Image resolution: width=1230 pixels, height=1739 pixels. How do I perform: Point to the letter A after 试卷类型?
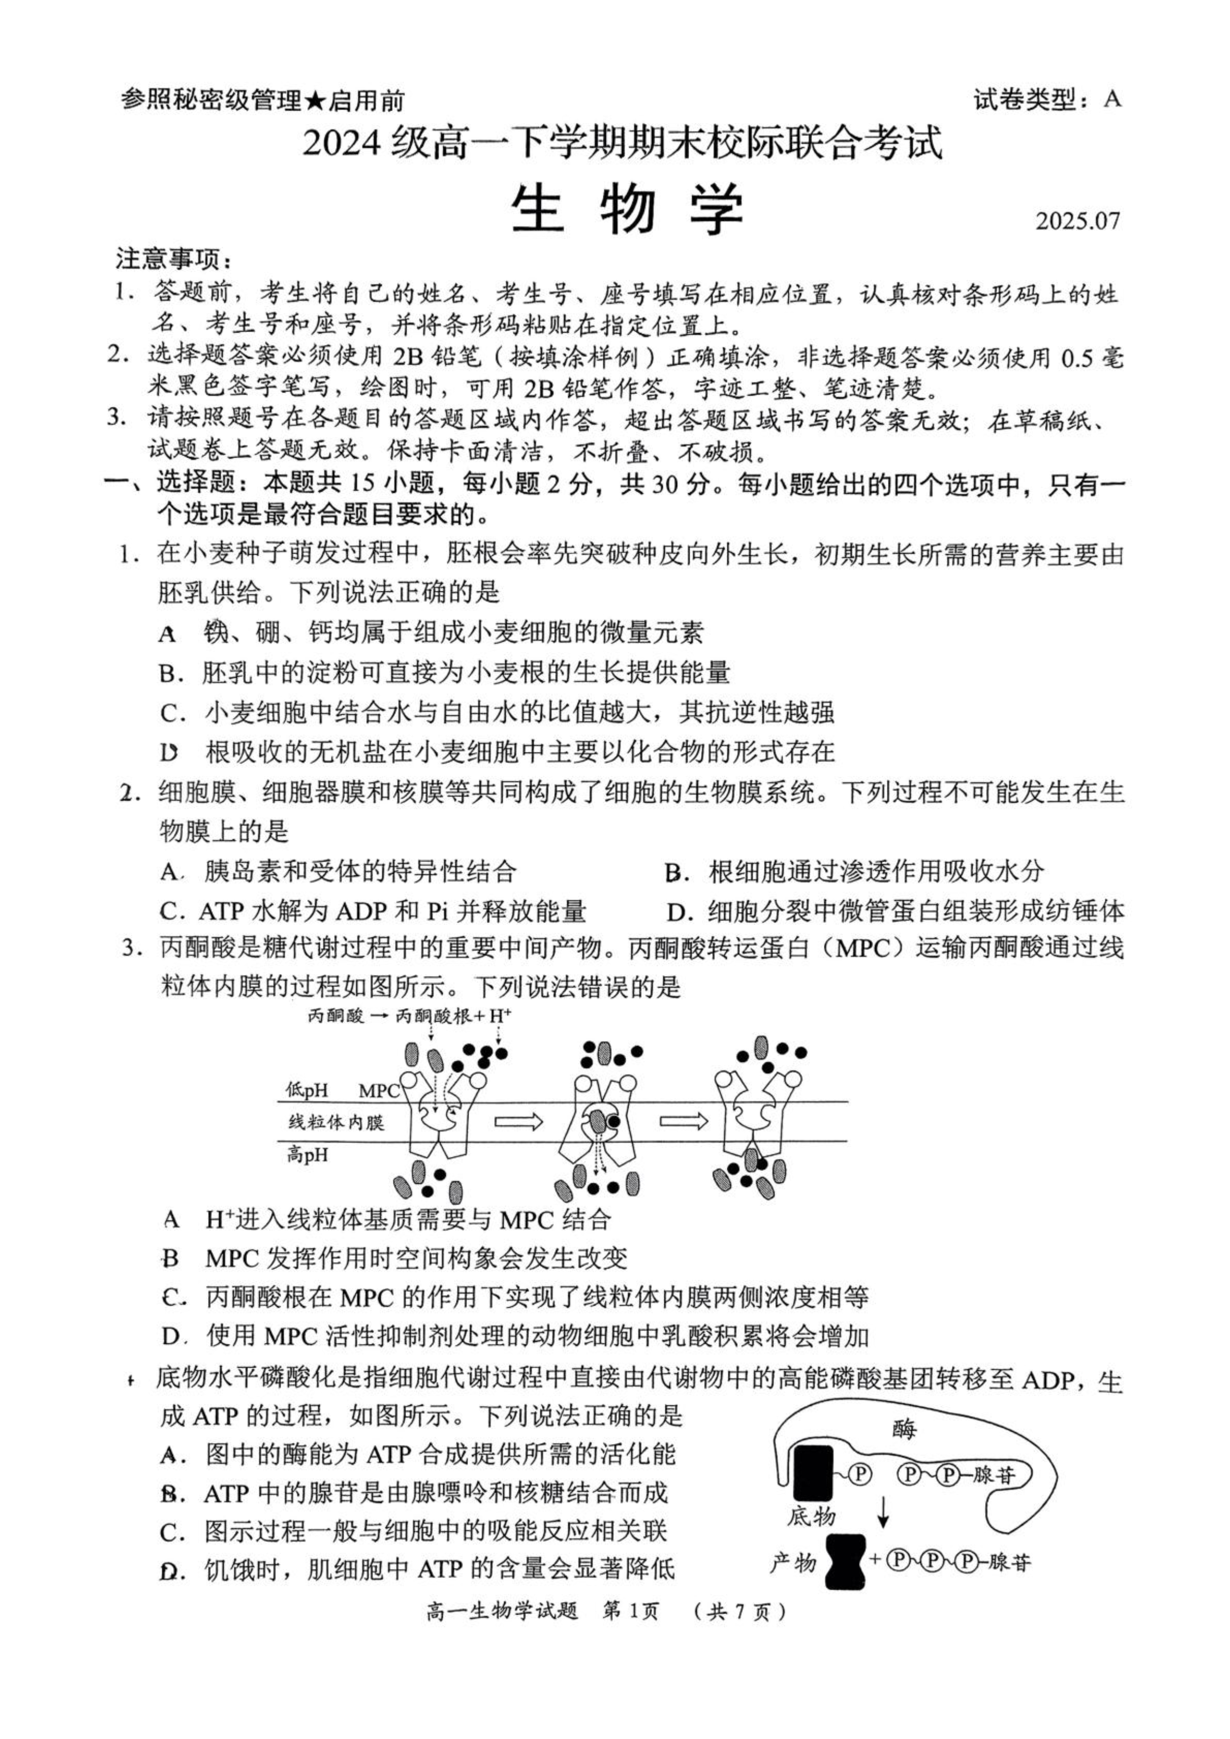click(1112, 99)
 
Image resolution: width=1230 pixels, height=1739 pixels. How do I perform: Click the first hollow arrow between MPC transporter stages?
click(519, 1121)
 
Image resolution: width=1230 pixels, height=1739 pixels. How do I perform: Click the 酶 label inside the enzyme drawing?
click(904, 1429)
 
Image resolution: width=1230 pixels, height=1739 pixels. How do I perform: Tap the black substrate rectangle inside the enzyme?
click(812, 1472)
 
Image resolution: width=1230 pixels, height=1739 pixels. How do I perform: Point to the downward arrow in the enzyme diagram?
click(883, 1515)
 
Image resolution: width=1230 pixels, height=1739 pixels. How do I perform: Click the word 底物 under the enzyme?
click(811, 1516)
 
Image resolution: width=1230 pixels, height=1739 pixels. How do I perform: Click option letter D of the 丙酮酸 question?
click(172, 1336)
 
